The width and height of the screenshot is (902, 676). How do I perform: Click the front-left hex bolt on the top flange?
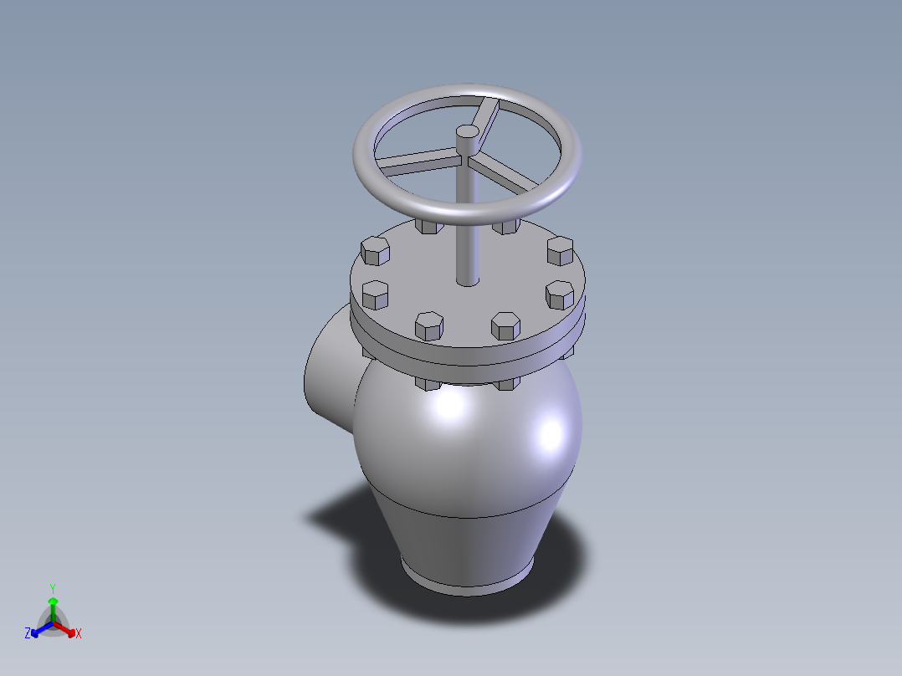(x=429, y=325)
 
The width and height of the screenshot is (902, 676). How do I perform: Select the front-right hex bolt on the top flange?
(x=505, y=325)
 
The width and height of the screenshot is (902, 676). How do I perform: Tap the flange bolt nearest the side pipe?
(x=375, y=294)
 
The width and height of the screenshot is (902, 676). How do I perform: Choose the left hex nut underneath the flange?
(x=428, y=383)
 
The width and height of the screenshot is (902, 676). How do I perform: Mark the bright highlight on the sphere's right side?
(x=551, y=433)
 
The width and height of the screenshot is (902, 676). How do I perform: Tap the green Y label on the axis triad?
(x=52, y=588)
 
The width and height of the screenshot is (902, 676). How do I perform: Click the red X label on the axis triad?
(x=78, y=634)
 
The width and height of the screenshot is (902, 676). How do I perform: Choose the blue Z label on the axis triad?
(x=28, y=633)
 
